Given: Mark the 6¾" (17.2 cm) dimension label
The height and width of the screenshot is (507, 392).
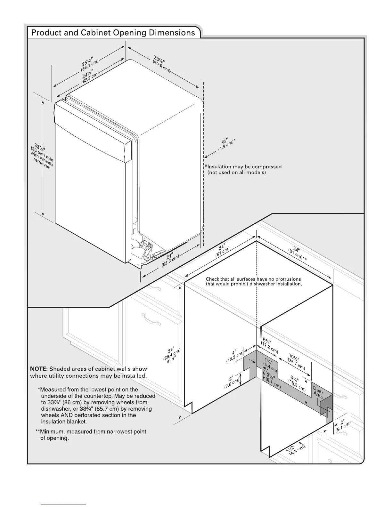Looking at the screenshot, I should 268,345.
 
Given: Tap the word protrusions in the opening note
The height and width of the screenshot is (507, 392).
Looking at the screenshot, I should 286,279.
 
